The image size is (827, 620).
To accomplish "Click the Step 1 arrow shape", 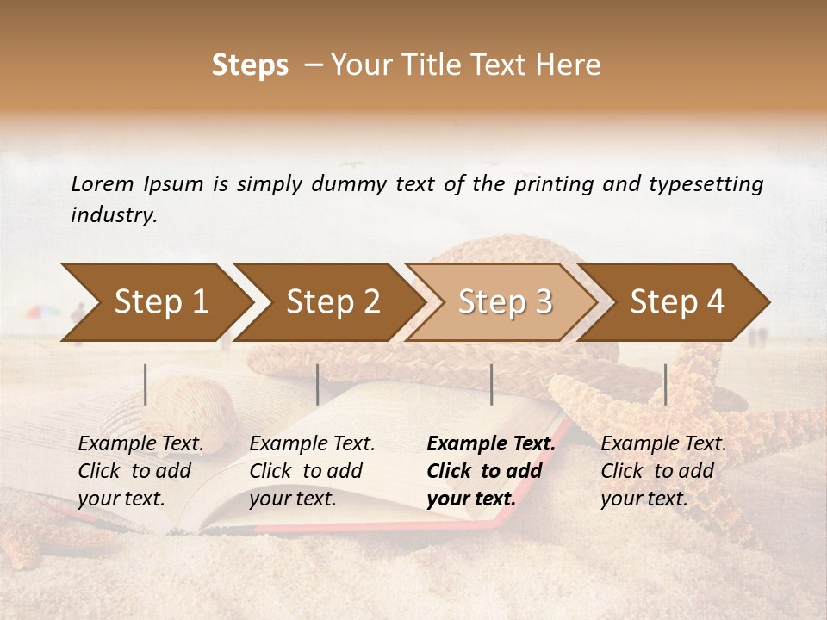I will [x=155, y=302].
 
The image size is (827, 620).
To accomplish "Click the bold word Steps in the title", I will [x=250, y=65].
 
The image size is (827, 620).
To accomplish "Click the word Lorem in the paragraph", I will [x=102, y=183].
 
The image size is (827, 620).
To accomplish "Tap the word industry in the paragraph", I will [x=114, y=215].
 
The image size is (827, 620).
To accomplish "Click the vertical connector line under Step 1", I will [x=146, y=384].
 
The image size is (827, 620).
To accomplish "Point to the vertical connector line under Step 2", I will [x=318, y=384].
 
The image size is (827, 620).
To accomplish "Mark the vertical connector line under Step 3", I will [x=492, y=384].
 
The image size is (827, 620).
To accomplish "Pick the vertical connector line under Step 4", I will [x=666, y=384].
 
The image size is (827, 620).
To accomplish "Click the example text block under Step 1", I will [x=140, y=471].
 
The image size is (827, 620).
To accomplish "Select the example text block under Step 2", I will [x=312, y=471].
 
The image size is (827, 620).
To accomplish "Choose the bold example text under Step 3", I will [x=490, y=471].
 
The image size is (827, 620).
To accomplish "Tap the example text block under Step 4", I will [x=662, y=471].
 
